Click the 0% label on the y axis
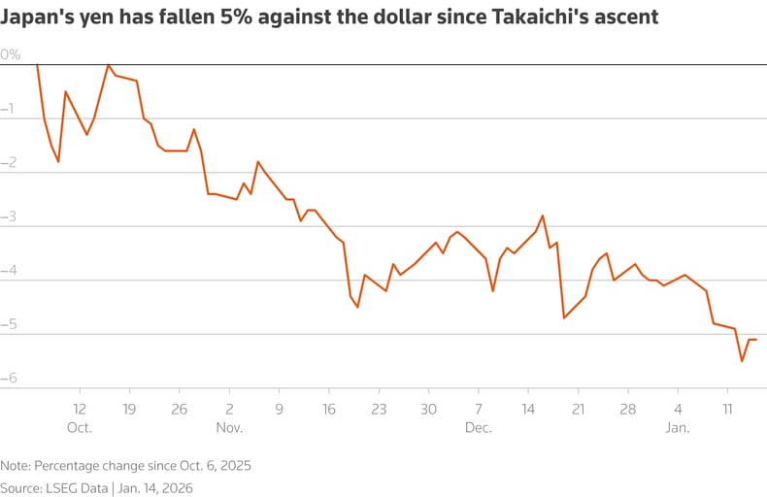tap(11, 54)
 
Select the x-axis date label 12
tap(80, 409)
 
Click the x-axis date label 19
tap(129, 409)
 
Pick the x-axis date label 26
tap(179, 409)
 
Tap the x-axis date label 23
tap(379, 409)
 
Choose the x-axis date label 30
tap(428, 409)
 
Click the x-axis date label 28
tap(628, 409)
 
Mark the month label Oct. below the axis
tap(80, 427)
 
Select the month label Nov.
tap(229, 427)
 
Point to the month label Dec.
tap(479, 427)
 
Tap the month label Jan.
tap(677, 427)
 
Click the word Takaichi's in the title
tap(541, 17)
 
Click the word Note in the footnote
tap(15, 465)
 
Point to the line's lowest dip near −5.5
tap(742, 361)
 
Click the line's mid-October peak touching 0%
tap(108, 64)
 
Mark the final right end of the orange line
tap(756, 340)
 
